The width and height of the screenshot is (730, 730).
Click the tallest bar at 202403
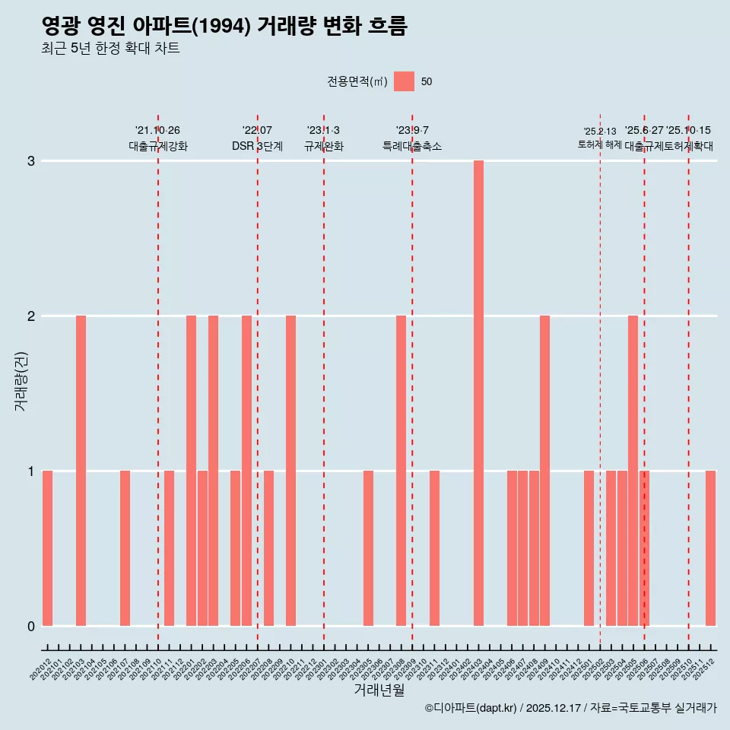pos(478,393)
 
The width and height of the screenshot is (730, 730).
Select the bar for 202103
pos(81,471)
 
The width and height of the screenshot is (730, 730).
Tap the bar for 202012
pos(47,548)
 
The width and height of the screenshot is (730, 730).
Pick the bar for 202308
pos(401,471)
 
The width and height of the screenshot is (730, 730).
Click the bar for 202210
pos(290,471)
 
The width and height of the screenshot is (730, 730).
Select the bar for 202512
pos(710,548)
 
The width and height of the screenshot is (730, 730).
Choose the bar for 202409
pos(544,471)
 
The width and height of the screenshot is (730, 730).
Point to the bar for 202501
pos(589,548)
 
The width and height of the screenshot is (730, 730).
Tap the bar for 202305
pos(368,548)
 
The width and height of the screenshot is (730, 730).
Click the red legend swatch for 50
pos(404,81)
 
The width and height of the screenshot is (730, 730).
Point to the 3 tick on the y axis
pos(31,161)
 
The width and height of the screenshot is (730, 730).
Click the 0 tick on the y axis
pos(31,626)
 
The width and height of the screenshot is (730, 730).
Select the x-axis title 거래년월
pos(379,690)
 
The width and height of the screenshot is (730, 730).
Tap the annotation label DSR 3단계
pos(257,146)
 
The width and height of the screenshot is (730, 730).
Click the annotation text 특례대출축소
pos(411,146)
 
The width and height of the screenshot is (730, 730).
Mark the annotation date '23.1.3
pos(323,131)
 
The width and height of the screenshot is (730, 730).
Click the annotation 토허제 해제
pos(600,144)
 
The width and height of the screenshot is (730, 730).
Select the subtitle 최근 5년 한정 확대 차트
pos(110,49)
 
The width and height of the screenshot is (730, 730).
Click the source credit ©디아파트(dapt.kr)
pos(471,708)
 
